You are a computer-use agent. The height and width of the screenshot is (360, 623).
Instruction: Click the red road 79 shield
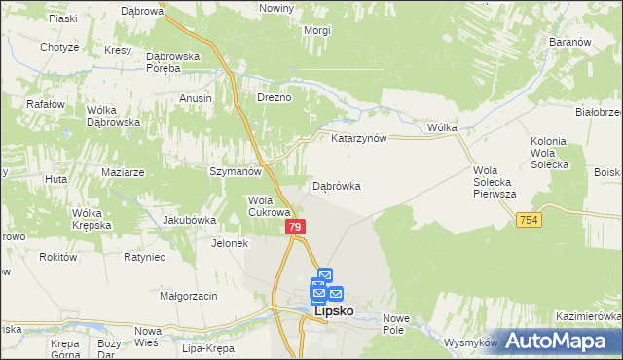[297, 227]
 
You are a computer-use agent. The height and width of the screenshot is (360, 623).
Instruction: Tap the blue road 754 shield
[529, 222]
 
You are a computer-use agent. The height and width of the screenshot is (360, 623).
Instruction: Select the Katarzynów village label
[359, 138]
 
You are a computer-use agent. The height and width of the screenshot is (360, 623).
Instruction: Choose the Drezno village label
[274, 98]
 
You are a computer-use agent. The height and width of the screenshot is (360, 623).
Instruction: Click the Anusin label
[196, 98]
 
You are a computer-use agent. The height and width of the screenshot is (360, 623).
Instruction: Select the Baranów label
[571, 44]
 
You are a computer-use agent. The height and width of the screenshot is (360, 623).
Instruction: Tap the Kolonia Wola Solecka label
[549, 153]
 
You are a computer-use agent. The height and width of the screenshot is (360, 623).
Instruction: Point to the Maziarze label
[123, 172]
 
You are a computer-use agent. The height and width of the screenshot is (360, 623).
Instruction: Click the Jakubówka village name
[189, 220]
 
